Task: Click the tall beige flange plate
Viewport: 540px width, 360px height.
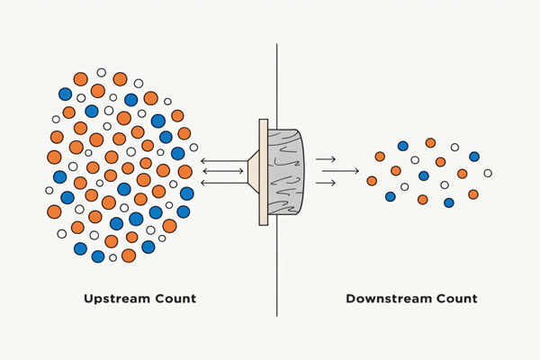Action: pos(263,172)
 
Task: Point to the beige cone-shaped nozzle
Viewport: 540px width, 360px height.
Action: pos(253,172)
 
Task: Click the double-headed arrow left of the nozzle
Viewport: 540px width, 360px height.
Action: pos(223,171)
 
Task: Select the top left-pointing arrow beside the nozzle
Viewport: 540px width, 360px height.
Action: pos(223,160)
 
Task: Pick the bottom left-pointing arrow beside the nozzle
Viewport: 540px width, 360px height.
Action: pos(223,183)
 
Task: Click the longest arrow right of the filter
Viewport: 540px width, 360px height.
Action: pos(337,171)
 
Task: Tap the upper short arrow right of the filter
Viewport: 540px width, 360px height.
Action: pos(327,159)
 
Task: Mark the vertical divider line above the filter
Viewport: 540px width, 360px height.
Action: pos(276,63)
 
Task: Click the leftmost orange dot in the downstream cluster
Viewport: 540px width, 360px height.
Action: pos(372,181)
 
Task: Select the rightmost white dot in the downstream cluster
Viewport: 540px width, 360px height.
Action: pos(488,173)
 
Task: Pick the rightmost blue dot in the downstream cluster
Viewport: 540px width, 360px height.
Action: pos(474,157)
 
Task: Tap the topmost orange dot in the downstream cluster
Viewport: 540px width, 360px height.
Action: pos(430,142)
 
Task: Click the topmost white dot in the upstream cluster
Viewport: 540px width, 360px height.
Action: pos(101,72)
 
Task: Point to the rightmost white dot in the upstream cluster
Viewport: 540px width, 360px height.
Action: pos(193,147)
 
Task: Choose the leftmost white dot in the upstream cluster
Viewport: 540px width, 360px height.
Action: pos(49,190)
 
